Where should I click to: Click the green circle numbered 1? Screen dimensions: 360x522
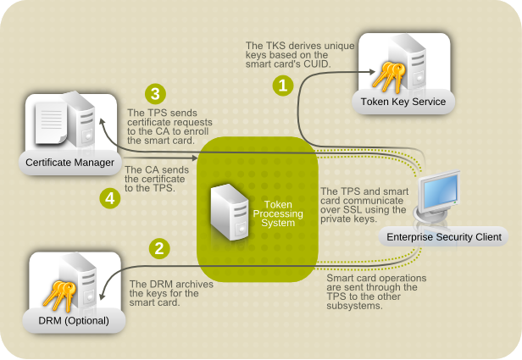282,85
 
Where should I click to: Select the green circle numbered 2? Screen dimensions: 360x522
158,248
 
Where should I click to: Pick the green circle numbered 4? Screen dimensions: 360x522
108,198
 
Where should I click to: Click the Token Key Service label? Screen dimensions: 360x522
403,102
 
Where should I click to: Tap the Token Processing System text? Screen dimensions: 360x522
279,213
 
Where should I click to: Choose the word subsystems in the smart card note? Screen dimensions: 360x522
355,306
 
